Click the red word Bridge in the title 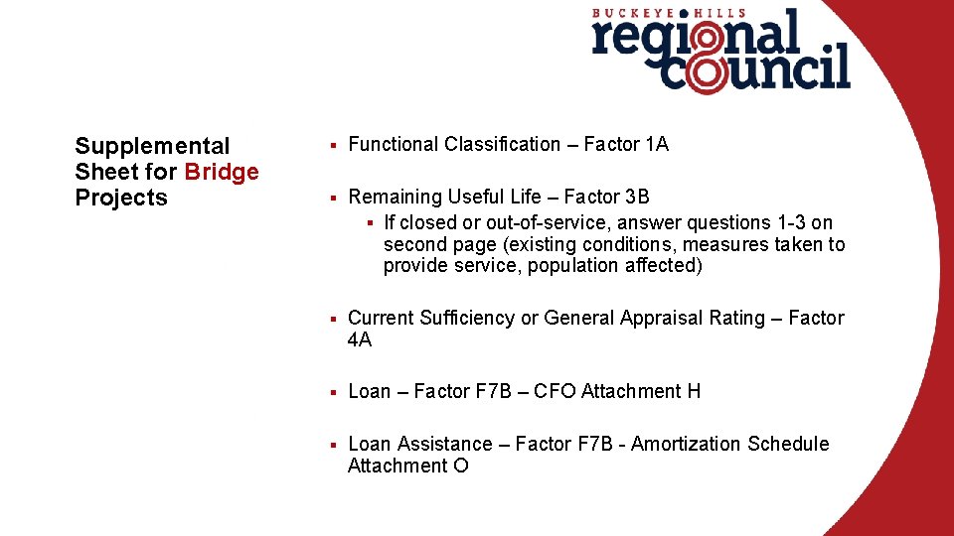(x=221, y=172)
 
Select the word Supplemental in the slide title (x=152, y=147)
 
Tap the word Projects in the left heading (x=121, y=198)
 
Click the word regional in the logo (x=695, y=38)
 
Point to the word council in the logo (x=755, y=71)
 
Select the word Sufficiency (x=465, y=319)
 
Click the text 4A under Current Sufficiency (x=360, y=339)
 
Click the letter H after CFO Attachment (x=694, y=391)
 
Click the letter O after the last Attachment (x=460, y=466)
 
